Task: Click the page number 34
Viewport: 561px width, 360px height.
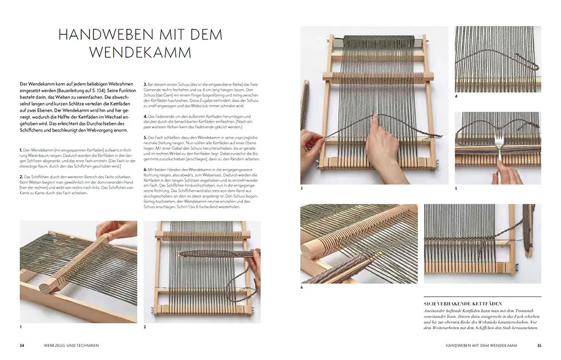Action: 22,346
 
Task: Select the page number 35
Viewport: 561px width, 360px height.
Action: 539,346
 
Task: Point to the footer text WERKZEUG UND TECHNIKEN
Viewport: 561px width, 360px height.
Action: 75,346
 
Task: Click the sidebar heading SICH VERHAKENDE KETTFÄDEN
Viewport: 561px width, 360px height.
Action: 463,304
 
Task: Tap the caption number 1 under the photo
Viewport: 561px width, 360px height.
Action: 21,327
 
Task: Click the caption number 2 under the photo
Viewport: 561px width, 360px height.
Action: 145,327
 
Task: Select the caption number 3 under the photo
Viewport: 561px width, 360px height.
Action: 302,189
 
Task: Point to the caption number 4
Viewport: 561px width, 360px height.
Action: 456,96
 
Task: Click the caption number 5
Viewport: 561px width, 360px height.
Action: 456,189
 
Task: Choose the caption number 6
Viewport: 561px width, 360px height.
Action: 302,287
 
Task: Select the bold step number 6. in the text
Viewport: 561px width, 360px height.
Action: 146,168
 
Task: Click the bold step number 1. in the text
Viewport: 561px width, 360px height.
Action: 21,151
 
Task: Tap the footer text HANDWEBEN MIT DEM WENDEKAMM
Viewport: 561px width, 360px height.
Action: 481,346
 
